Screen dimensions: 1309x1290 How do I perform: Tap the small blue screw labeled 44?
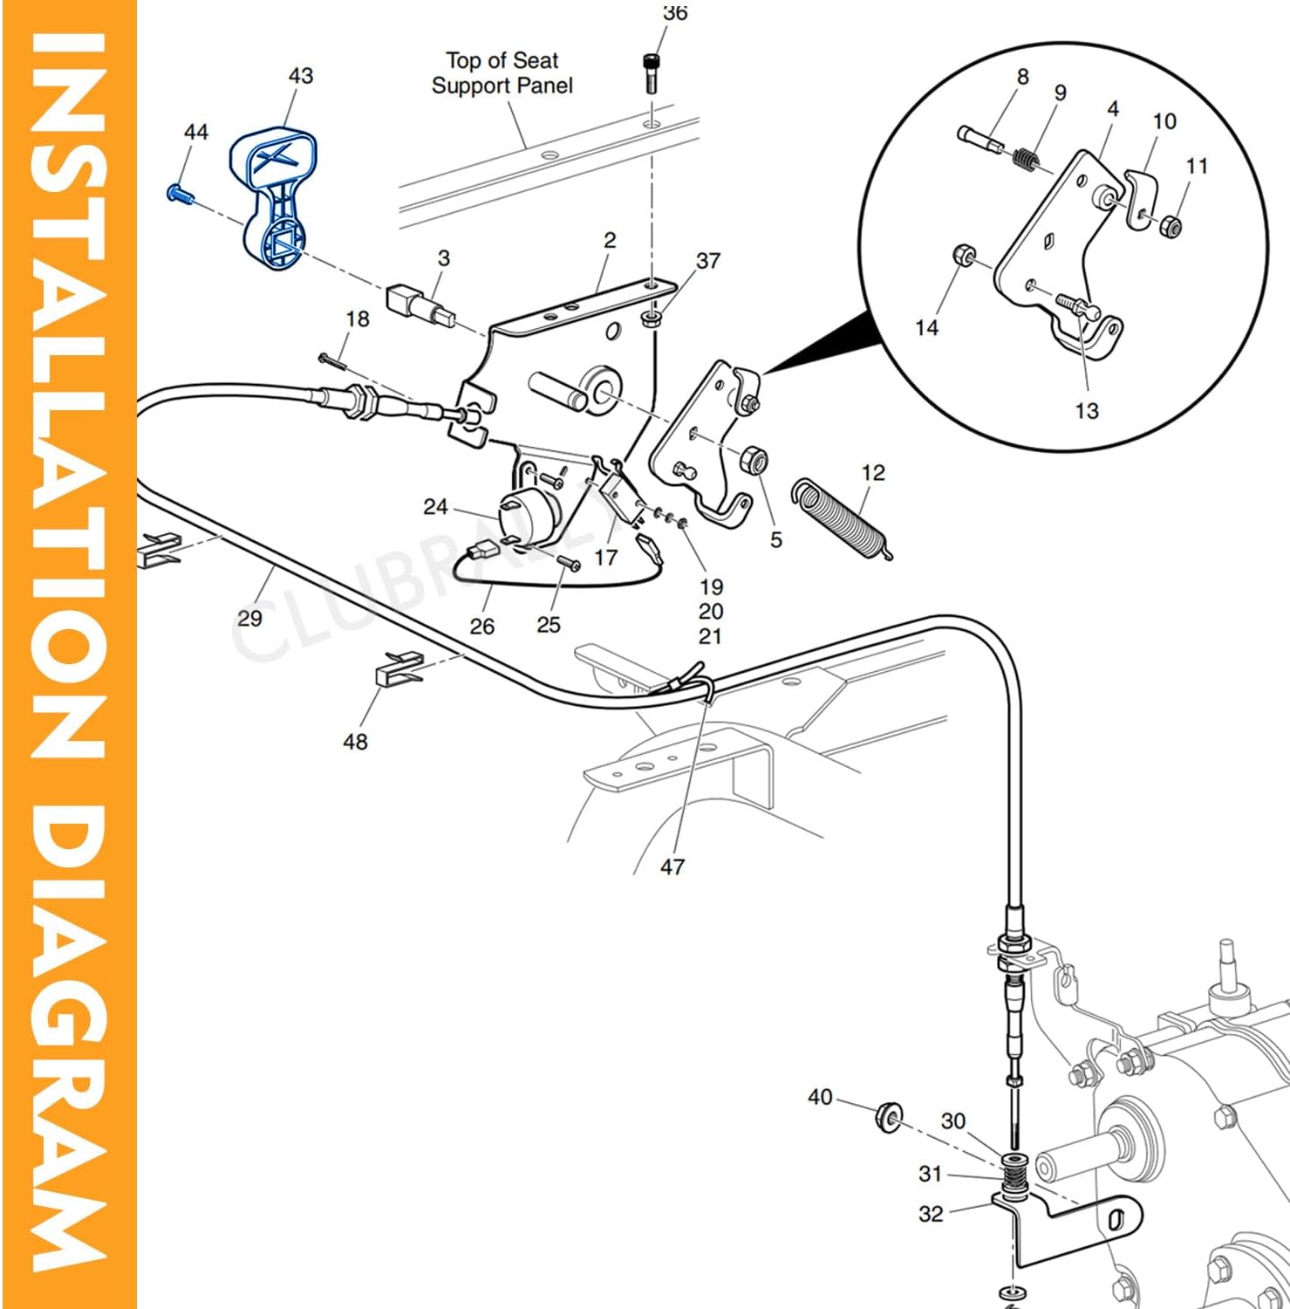point(177,193)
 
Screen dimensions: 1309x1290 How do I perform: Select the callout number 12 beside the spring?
point(873,473)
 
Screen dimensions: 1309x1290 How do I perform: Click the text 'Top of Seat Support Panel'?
point(502,73)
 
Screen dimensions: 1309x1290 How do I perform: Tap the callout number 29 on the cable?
point(249,618)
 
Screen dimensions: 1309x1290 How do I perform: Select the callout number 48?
point(355,742)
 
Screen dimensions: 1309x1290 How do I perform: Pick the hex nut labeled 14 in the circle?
point(964,257)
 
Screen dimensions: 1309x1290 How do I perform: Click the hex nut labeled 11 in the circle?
point(1171,227)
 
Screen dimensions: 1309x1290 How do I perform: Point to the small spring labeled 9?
point(1027,160)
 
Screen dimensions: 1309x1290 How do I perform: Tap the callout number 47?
point(672,867)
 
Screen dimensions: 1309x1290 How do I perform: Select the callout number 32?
point(931,1213)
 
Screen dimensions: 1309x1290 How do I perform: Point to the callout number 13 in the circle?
point(1086,410)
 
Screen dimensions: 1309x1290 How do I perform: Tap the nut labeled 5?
point(753,460)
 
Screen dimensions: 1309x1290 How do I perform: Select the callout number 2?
point(610,240)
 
